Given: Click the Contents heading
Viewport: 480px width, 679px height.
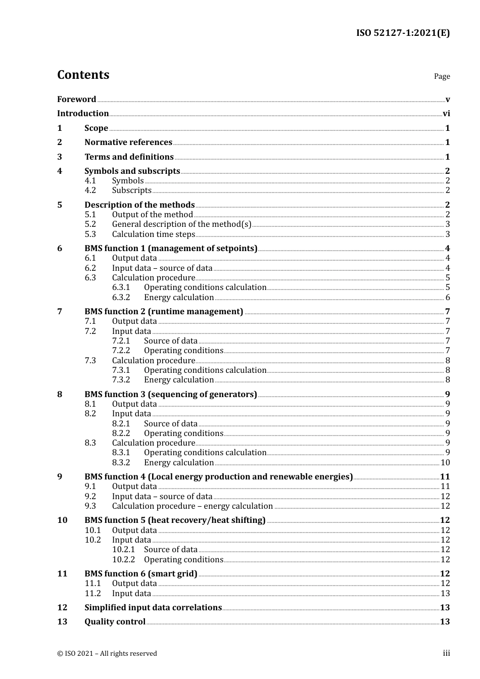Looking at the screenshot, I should [83, 75].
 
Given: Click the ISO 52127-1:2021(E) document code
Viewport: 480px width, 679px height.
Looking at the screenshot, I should [403, 33].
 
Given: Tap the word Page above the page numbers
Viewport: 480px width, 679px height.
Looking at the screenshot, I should [442, 76].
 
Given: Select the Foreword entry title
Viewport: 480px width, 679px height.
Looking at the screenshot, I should [76, 100].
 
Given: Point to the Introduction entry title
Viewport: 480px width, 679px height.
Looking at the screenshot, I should [83, 114].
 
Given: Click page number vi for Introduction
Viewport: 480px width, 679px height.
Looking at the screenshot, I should [446, 114].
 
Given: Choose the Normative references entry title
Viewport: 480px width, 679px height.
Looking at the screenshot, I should [128, 142].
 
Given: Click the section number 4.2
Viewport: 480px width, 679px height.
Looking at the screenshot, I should [90, 190].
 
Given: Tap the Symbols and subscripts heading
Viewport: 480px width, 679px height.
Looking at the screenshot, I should [132, 171].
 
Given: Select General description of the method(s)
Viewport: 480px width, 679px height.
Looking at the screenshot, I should [181, 224].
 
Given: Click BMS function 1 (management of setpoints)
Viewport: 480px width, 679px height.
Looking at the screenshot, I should [171, 249].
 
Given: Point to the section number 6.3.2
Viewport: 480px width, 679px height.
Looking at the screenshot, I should [121, 298].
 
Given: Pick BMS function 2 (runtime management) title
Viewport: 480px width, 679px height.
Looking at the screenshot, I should [164, 312].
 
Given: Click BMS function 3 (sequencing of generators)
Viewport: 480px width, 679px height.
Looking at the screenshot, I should [171, 395].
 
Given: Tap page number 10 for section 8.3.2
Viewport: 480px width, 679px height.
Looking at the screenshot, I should [445, 463].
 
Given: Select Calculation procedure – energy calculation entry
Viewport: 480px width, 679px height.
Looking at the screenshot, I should [193, 506].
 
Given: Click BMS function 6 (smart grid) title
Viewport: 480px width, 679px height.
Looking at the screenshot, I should [141, 574].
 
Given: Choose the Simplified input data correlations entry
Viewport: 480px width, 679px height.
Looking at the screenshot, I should [153, 608].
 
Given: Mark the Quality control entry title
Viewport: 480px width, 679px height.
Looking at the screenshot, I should [115, 622].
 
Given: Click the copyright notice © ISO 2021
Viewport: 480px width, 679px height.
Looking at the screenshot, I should [107, 654].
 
